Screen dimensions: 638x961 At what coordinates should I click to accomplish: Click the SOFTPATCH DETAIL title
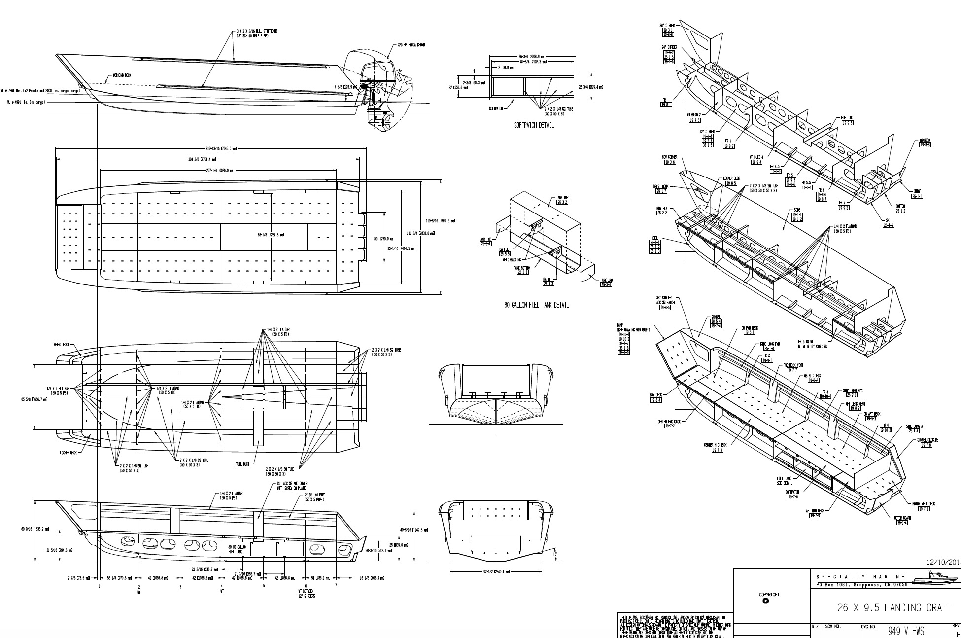[533, 125]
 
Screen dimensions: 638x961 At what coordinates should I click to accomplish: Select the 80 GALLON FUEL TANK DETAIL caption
[536, 305]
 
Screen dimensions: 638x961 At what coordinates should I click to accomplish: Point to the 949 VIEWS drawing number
[906, 631]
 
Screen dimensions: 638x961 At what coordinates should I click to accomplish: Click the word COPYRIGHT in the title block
[769, 595]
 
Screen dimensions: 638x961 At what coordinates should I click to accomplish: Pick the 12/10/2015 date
[943, 562]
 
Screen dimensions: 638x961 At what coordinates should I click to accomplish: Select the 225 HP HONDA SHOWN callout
[411, 45]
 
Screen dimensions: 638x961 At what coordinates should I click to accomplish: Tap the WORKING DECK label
[122, 75]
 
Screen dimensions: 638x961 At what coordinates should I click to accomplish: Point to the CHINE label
[917, 191]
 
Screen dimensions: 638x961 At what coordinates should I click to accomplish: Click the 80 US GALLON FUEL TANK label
[235, 549]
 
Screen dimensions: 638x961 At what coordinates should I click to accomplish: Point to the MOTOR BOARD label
[902, 518]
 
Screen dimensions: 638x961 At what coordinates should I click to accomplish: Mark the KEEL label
[655, 238]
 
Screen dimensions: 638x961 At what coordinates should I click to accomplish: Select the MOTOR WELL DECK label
[923, 504]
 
